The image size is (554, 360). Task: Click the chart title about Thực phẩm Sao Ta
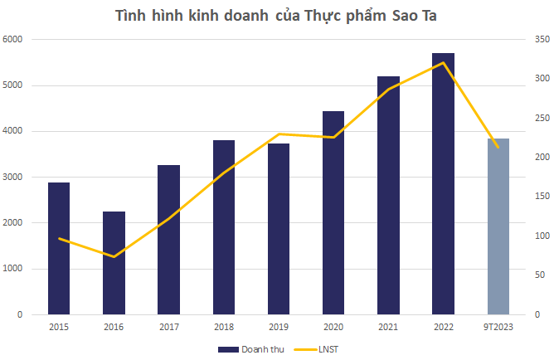276,16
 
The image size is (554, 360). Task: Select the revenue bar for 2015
59,249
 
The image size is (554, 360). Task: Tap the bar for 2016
114,263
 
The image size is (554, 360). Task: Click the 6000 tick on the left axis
16,40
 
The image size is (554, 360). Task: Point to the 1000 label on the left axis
16,269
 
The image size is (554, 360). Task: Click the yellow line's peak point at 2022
443,63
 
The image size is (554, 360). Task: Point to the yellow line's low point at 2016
114,256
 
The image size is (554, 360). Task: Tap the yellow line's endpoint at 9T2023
498,147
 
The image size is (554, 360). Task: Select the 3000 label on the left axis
16,178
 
